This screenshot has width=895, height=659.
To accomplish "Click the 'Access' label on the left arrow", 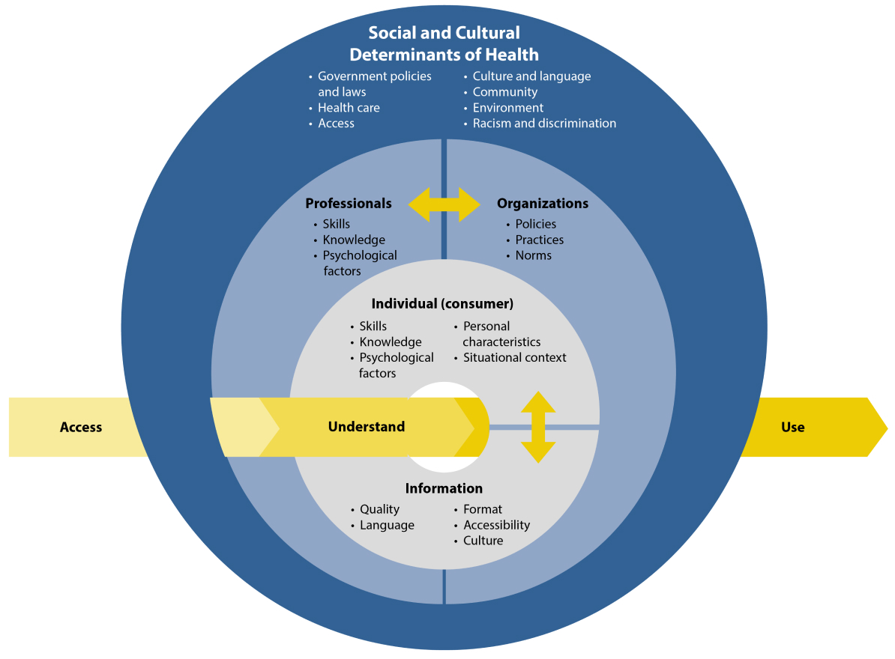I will (x=81, y=428).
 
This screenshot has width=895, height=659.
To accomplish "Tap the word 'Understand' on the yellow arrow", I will (x=366, y=427).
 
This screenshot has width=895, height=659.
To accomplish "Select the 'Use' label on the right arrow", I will (x=792, y=428).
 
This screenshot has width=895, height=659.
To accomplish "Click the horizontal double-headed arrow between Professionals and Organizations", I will (x=444, y=204).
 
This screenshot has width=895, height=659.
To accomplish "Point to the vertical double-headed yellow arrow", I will (x=538, y=428).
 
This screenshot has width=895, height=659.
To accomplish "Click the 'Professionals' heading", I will (x=348, y=204).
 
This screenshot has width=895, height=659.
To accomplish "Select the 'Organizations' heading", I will (x=543, y=204).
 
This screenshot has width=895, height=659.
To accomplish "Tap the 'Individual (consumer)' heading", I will (x=442, y=304).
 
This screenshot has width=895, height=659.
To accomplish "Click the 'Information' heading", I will (x=444, y=488).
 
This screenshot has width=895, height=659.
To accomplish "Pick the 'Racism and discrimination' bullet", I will (x=544, y=124).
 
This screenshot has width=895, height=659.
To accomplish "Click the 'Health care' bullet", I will (x=349, y=108).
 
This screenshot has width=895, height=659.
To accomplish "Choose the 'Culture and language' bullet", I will (x=531, y=76).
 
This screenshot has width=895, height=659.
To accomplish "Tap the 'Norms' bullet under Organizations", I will (x=533, y=255).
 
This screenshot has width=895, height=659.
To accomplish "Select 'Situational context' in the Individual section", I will (x=514, y=358).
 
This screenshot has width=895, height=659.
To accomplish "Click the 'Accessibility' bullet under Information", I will (x=496, y=525).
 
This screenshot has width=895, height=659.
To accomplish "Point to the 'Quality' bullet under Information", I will (x=379, y=509).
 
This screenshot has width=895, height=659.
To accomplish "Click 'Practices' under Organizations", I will (x=539, y=240).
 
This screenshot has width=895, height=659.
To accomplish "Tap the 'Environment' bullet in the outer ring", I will (x=507, y=108).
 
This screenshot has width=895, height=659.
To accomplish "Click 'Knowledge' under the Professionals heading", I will (x=354, y=240).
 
